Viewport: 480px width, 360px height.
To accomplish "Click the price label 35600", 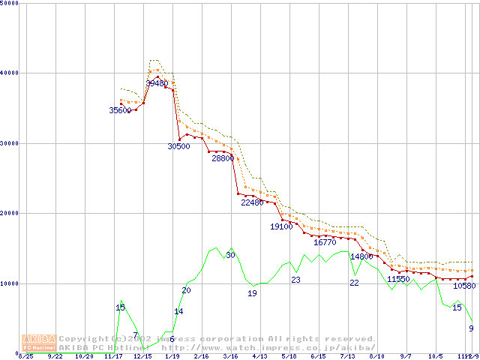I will click(120, 110).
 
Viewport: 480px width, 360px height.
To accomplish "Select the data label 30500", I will click(178, 147).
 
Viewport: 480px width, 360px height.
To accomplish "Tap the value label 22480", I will click(252, 202).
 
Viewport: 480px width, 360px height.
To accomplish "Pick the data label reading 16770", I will click(325, 242).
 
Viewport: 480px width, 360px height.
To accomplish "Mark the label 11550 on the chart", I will click(398, 279).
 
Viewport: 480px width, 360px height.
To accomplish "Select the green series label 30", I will click(230, 256).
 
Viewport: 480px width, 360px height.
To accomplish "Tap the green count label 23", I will click(295, 280).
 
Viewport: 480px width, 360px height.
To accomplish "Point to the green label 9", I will click(471, 328).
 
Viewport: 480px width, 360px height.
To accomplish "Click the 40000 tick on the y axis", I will click(10, 73).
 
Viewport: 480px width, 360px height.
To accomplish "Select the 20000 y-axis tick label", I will click(10, 213).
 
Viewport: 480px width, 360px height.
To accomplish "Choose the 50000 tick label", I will click(10, 4).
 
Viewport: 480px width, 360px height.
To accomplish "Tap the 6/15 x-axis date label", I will click(317, 356).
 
